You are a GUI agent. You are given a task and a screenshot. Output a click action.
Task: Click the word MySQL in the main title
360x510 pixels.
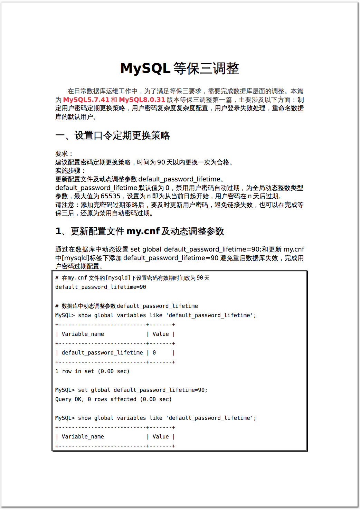(145, 68)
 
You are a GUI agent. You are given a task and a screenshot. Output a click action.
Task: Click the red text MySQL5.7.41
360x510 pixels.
(86, 100)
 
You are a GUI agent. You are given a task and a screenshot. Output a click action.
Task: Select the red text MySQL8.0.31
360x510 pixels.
(142, 100)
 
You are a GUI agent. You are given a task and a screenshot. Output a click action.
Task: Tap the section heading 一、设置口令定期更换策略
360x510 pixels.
(113, 135)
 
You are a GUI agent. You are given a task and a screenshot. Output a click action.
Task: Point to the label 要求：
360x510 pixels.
(64, 154)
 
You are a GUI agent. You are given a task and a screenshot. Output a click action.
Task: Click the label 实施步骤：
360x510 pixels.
(70, 171)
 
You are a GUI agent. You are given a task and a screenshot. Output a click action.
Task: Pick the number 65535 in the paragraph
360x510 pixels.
(110, 196)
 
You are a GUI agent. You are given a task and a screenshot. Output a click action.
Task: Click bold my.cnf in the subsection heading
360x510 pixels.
(143, 231)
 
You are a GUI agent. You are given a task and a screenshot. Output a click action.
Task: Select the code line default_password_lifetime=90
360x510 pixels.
(101, 287)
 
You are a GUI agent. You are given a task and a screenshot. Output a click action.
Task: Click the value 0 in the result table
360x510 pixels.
(154, 353)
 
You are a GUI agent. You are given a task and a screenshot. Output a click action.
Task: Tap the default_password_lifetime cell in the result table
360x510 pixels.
(102, 353)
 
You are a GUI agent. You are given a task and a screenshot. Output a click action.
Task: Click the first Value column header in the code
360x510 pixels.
(161, 334)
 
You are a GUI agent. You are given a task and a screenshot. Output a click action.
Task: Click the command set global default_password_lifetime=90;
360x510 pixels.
(143, 390)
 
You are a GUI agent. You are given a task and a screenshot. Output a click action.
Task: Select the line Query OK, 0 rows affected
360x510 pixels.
(113, 399)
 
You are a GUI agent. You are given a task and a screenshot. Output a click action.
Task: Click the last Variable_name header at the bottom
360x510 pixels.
(83, 437)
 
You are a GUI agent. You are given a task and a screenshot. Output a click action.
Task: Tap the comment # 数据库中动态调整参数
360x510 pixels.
(88, 306)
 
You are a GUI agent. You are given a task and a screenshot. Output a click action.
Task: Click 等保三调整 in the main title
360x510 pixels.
(206, 68)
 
